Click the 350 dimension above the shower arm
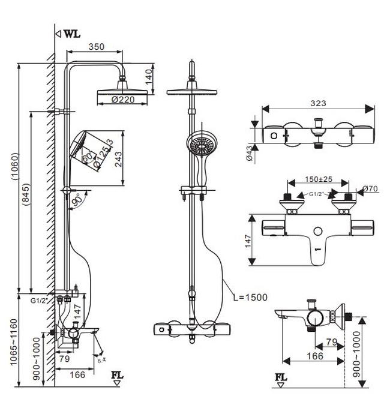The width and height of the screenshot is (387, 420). pyautogui.click(x=97, y=46)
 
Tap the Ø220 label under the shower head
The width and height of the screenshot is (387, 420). pyautogui.click(x=123, y=100)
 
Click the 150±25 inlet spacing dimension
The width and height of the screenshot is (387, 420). pyautogui.click(x=318, y=179)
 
